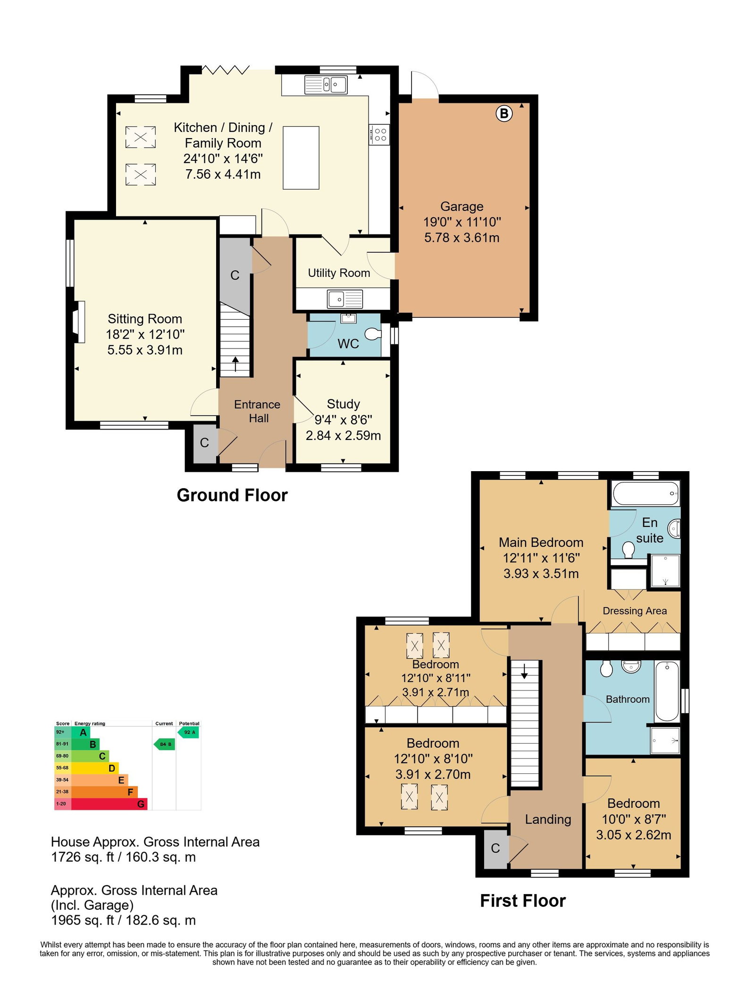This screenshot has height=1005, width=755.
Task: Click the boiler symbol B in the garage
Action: click(x=504, y=113)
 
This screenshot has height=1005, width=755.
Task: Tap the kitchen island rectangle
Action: click(x=301, y=158)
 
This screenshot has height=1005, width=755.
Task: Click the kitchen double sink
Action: click(x=326, y=85)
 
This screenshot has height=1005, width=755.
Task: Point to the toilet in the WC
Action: click(x=373, y=334)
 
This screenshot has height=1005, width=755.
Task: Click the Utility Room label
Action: click(x=339, y=273)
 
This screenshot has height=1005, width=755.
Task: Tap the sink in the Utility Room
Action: click(x=345, y=299)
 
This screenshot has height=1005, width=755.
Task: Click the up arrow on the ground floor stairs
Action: click(x=235, y=364)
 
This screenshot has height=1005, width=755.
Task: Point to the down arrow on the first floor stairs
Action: click(x=524, y=671)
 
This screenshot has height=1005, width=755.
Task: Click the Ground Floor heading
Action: click(x=232, y=495)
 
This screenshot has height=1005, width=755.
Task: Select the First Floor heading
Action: click(x=523, y=901)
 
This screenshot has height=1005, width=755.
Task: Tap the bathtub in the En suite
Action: click(x=646, y=493)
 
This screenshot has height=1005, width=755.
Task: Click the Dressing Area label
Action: click(x=635, y=611)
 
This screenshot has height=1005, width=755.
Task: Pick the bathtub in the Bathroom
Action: click(x=667, y=691)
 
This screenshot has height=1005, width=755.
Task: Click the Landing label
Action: click(x=548, y=820)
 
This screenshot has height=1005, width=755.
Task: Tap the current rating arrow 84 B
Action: click(x=165, y=744)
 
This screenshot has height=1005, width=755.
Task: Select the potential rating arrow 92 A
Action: click(x=188, y=732)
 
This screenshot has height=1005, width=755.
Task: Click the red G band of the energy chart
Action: click(x=109, y=804)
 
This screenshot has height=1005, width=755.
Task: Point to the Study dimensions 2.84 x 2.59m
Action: click(x=343, y=435)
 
